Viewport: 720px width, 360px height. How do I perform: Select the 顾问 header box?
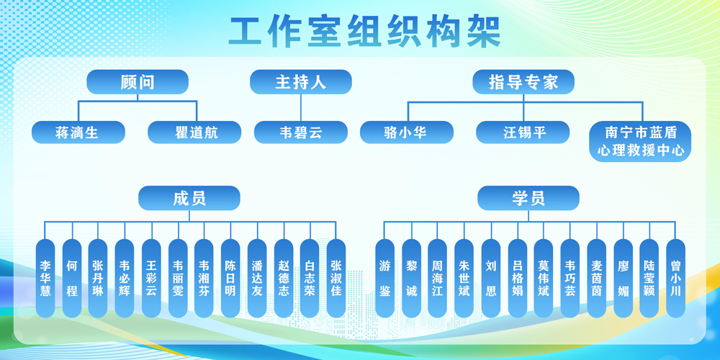[x=138, y=81]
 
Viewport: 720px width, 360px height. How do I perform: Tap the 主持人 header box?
[x=300, y=81]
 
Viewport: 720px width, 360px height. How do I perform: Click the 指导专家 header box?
[x=524, y=81]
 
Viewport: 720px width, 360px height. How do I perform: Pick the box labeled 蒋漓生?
[x=78, y=132]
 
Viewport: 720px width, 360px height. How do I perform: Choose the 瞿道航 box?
[x=194, y=132]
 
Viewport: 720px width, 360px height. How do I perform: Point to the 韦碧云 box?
[x=300, y=132]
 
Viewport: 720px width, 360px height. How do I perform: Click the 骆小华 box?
[x=407, y=132]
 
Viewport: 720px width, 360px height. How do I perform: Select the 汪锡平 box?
[x=523, y=132]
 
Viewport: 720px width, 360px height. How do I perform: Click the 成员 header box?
[x=189, y=197]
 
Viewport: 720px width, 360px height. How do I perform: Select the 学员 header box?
[x=528, y=197]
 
